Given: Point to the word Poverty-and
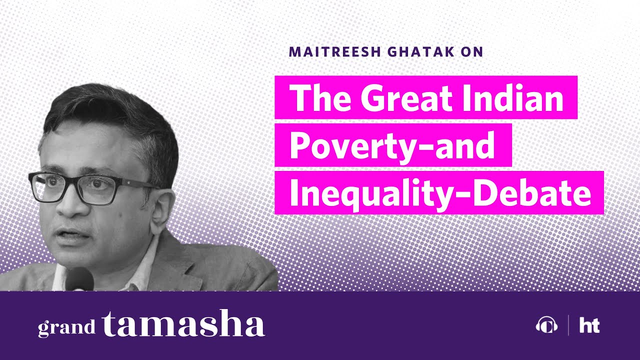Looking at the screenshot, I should coord(392,145).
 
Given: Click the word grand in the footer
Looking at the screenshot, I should coord(66,327).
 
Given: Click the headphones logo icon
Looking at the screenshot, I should coord(546,326).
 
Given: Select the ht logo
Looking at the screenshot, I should coord(589,326).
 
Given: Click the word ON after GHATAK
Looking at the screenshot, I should coord(473,51).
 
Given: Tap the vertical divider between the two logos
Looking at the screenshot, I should coord(568,325).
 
